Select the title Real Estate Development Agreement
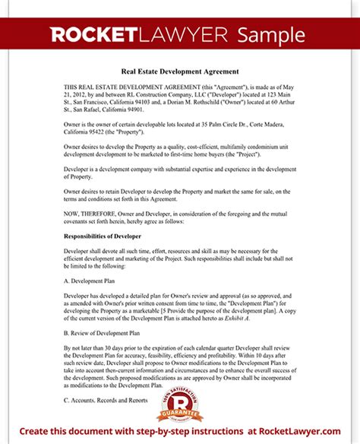click(x=180, y=71)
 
